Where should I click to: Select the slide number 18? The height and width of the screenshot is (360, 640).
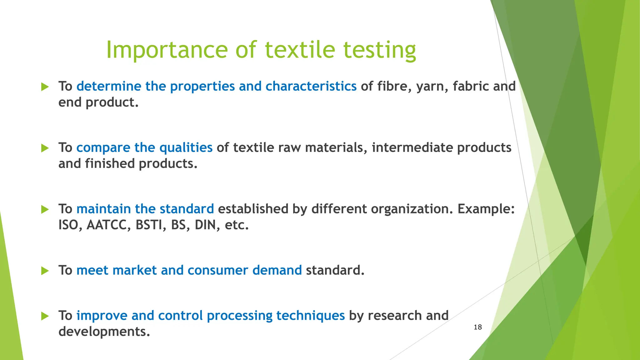[x=477, y=327]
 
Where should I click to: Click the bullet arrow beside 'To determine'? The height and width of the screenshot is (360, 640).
[x=45, y=87]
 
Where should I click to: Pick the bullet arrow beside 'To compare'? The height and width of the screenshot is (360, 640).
[x=45, y=148]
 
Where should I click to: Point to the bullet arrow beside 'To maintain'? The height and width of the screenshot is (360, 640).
[x=45, y=209]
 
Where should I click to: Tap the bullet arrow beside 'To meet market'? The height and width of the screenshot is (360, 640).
[x=45, y=271]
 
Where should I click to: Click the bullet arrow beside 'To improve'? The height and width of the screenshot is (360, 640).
[x=45, y=316]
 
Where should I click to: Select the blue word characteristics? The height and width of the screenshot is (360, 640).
[x=311, y=87]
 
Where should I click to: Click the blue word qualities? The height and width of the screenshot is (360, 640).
[x=186, y=148]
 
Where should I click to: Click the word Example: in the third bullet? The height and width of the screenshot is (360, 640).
[x=486, y=209]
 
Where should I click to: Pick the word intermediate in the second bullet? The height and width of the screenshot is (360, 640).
[x=412, y=148]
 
